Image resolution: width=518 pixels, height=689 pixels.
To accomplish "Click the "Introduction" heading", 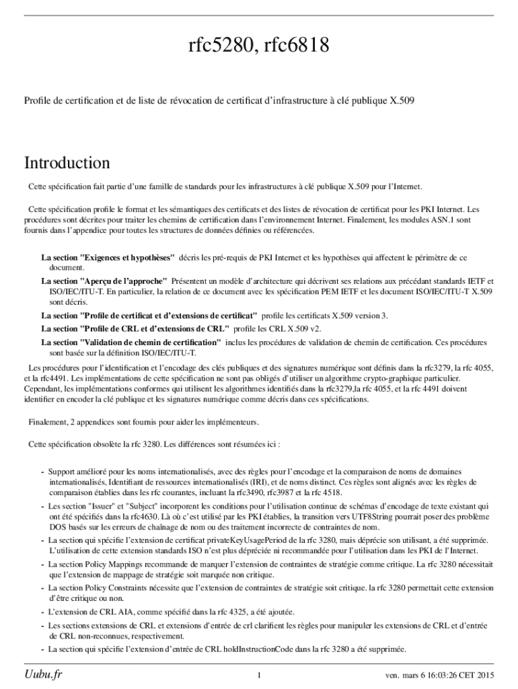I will point(67,163).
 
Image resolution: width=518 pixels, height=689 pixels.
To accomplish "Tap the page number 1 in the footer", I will point(259,675).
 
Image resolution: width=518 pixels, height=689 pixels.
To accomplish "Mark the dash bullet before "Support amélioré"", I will point(42,472).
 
